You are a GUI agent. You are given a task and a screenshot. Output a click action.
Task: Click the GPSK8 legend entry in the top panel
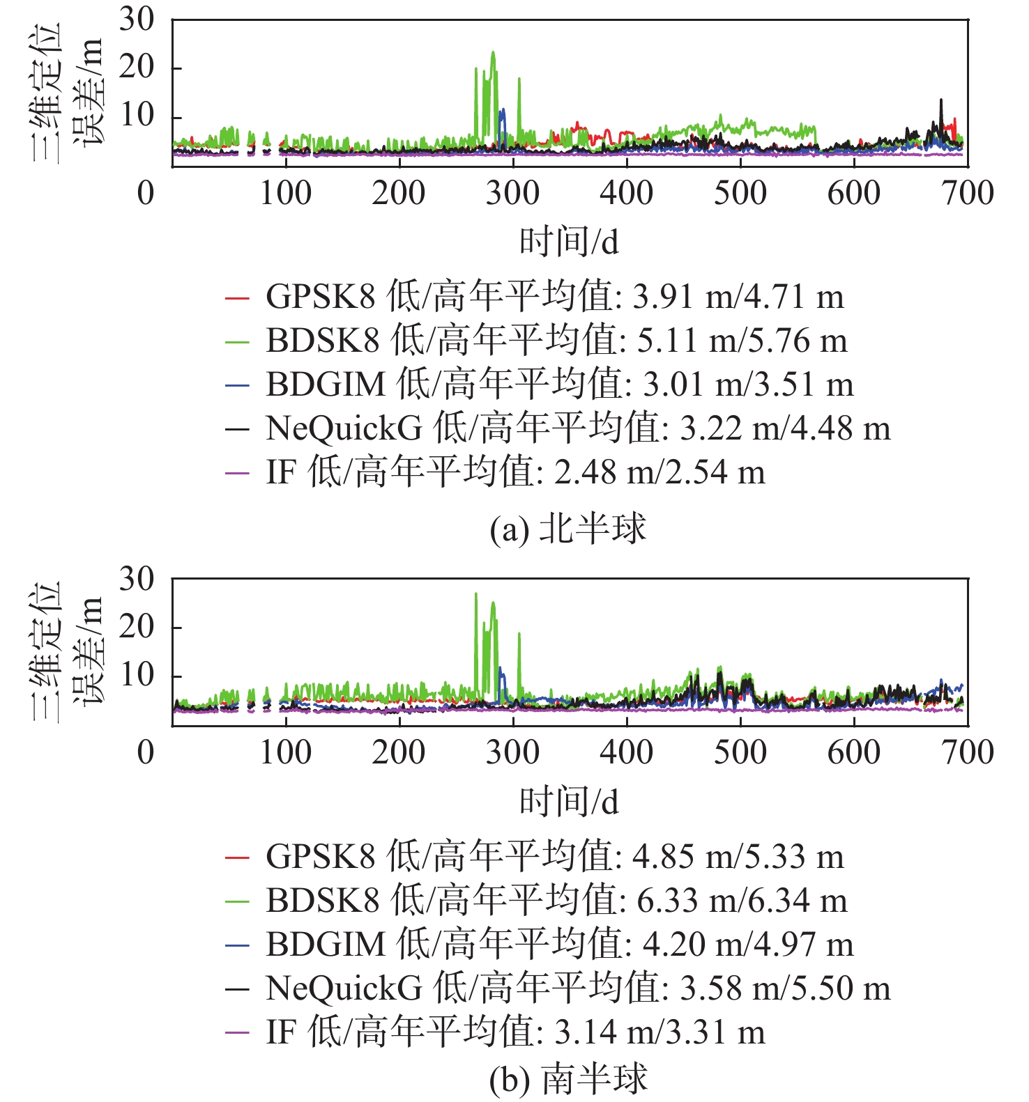pyautogui.click(x=554, y=297)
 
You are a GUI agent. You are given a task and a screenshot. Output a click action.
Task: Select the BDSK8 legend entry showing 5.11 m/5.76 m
pyautogui.click(x=556, y=341)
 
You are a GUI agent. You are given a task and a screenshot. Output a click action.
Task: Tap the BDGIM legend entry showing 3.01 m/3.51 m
pyautogui.click(x=559, y=385)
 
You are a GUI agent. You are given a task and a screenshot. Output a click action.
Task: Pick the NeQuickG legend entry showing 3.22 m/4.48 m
pyautogui.click(x=578, y=429)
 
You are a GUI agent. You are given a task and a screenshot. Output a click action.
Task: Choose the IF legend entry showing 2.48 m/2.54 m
pyautogui.click(x=515, y=473)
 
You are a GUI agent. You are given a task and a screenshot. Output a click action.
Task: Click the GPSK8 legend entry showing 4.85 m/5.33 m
pyautogui.click(x=554, y=857)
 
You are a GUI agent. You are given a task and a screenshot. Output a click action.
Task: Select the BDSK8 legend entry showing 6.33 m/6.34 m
pyautogui.click(x=556, y=901)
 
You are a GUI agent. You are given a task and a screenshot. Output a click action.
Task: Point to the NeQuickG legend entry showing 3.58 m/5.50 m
pyautogui.click(x=578, y=988)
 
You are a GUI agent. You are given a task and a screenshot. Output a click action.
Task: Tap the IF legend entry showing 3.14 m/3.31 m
pyautogui.click(x=515, y=1032)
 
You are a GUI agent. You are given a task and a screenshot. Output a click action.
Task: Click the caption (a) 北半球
pyautogui.click(x=567, y=529)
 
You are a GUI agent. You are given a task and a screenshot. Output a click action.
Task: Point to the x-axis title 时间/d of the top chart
pyautogui.click(x=569, y=242)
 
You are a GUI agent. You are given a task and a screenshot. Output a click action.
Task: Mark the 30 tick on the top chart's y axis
pyautogui.click(x=137, y=20)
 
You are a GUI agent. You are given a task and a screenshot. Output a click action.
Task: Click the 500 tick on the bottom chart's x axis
pyautogui.click(x=740, y=753)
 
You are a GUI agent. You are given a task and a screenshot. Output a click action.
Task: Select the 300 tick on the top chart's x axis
pyautogui.click(x=513, y=194)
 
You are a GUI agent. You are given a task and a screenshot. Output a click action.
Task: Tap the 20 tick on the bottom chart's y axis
pyautogui.click(x=137, y=627)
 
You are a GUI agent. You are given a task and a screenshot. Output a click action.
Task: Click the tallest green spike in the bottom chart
pyautogui.click(x=476, y=594)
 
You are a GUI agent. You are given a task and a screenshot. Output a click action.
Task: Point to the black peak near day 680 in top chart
pyautogui.click(x=941, y=100)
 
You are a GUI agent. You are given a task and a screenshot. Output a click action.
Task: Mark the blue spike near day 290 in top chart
pyautogui.click(x=503, y=110)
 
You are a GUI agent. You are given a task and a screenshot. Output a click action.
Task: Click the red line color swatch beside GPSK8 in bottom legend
pyautogui.click(x=237, y=857)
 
